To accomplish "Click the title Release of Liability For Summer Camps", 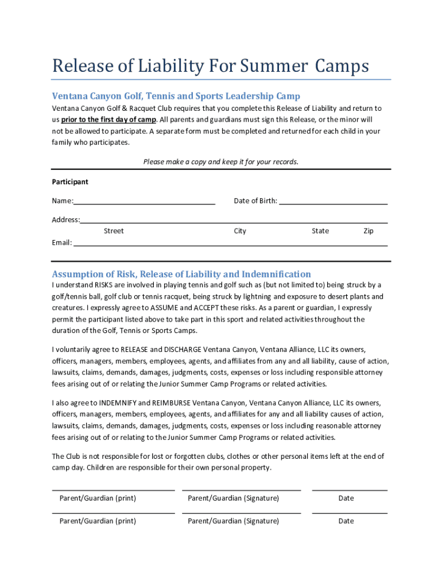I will [210, 66].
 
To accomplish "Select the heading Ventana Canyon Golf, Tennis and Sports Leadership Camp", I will [176, 96].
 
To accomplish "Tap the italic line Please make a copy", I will [220, 162].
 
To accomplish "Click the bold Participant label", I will [70, 182].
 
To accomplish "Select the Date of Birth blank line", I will [333, 202].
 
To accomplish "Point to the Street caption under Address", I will [113, 231].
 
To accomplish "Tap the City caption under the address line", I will [239, 231].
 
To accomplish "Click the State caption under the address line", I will [320, 231].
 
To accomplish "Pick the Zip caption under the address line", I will [368, 231].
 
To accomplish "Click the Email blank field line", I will [230, 243].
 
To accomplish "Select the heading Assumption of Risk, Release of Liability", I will [181, 274].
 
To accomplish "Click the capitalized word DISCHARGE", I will [185, 349].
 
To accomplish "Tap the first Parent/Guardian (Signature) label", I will [233, 498].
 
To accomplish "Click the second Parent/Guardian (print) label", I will [98, 521].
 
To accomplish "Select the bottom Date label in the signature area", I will [346, 521].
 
